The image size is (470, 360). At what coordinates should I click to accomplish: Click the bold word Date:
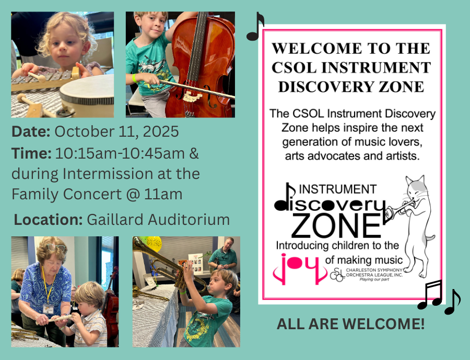[31, 131]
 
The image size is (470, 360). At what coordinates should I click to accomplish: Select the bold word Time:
[31, 153]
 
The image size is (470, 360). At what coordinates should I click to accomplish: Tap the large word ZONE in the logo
[336, 226]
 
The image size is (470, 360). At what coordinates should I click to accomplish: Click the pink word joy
[300, 268]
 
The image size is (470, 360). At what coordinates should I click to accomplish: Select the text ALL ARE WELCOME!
[350, 324]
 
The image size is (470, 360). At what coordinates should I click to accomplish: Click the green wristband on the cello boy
[135, 78]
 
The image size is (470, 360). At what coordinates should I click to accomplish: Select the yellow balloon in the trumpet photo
[154, 244]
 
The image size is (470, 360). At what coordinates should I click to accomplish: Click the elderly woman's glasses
[56, 248]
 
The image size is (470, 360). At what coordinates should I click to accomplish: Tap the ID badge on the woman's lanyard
[48, 309]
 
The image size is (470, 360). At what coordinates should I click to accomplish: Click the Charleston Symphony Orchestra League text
[374, 272]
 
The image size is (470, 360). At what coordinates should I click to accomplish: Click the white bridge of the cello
[192, 97]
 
